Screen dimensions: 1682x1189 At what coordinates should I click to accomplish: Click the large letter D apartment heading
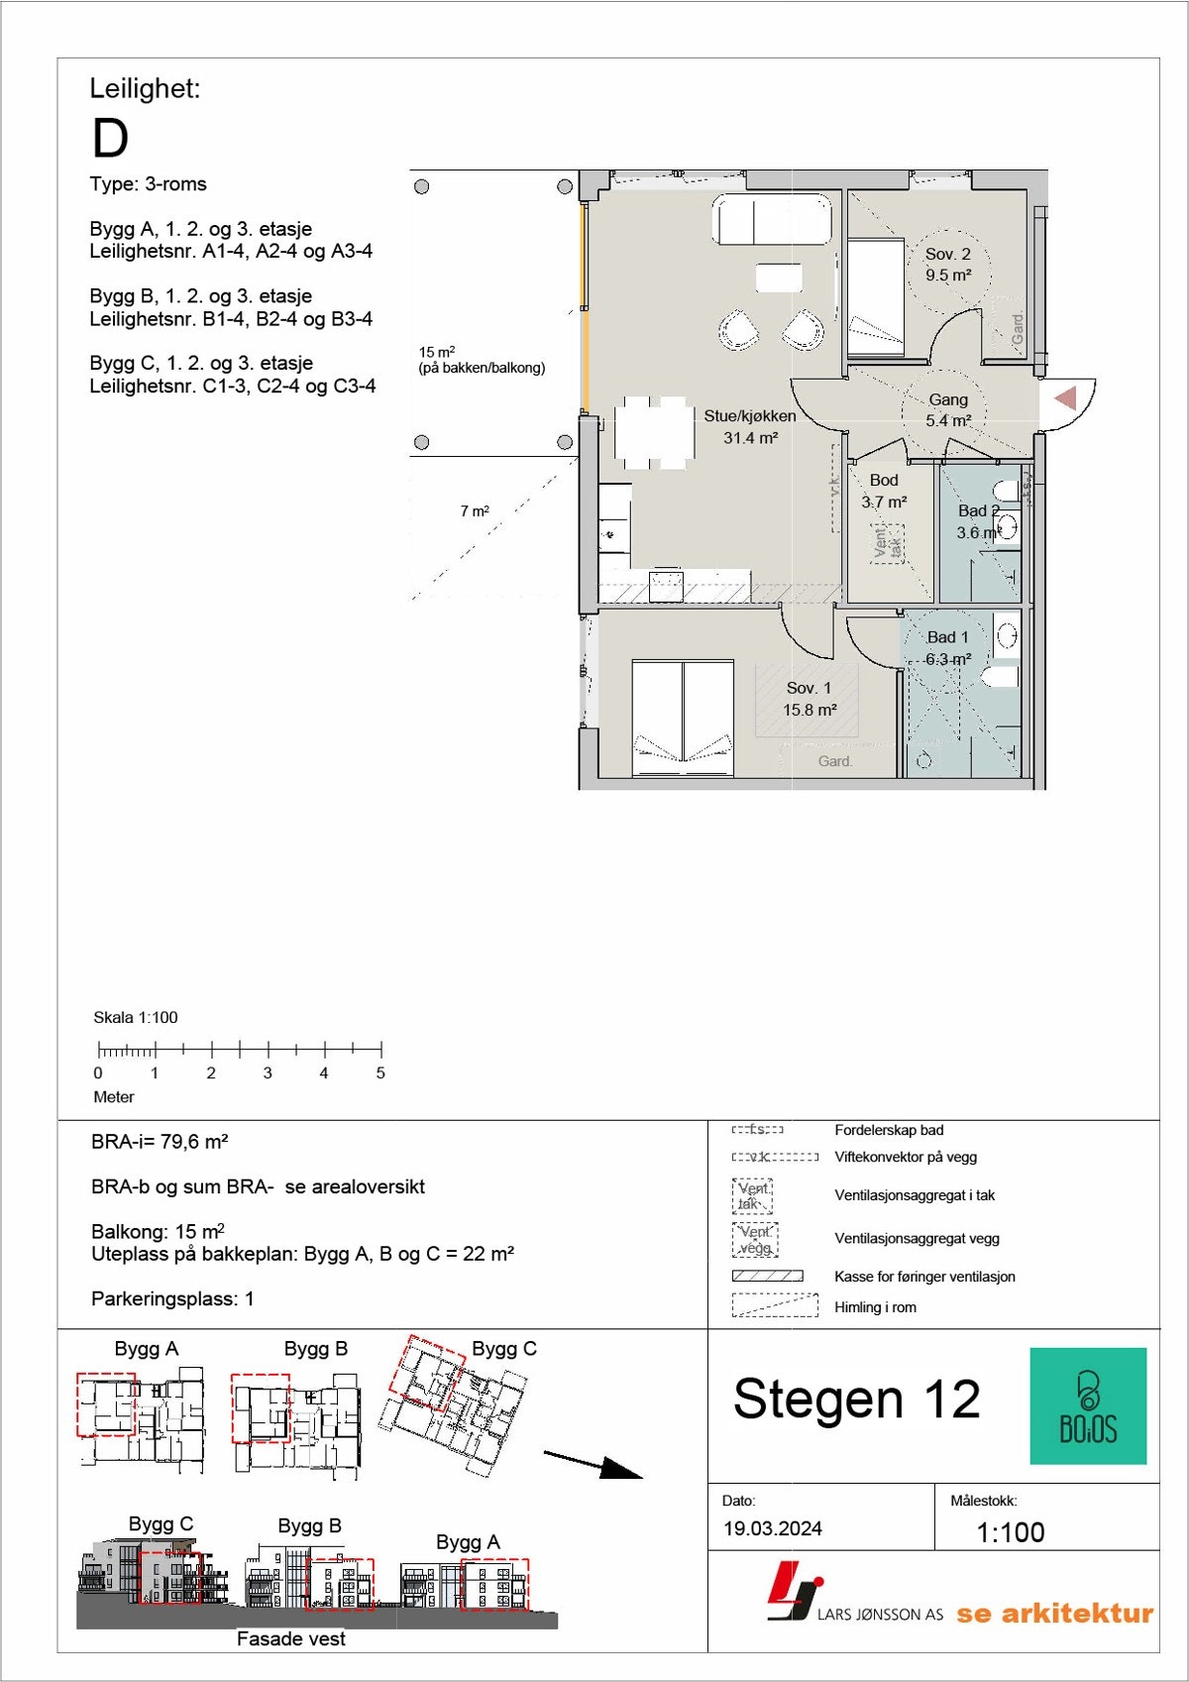(110, 139)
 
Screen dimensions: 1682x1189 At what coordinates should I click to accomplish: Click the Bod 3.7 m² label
(884, 491)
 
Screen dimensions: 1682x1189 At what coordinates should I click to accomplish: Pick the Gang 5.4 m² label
(948, 409)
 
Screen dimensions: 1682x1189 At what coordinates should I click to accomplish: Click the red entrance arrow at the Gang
(1066, 398)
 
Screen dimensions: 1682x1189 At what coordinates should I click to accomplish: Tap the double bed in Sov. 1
(683, 718)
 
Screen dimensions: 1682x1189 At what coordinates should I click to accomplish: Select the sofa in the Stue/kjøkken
(773, 220)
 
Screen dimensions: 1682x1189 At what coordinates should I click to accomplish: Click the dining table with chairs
(653, 432)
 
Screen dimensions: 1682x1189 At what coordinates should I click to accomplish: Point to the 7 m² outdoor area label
(475, 511)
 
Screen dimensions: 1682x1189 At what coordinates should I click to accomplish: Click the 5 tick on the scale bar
(380, 1049)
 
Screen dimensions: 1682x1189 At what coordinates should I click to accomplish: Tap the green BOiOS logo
(1088, 1405)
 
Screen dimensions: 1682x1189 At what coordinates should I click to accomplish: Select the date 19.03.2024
(773, 1528)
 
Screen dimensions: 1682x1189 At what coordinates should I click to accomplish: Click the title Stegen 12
(856, 1400)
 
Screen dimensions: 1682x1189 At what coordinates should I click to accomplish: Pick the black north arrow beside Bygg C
(594, 1464)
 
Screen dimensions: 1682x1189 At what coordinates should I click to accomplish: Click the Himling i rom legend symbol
(775, 1305)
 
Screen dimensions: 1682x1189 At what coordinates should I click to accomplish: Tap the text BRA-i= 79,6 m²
(160, 1142)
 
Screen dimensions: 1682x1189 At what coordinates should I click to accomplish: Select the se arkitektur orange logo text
(1054, 1614)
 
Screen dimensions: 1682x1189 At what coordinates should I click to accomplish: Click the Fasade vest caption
(290, 1639)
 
